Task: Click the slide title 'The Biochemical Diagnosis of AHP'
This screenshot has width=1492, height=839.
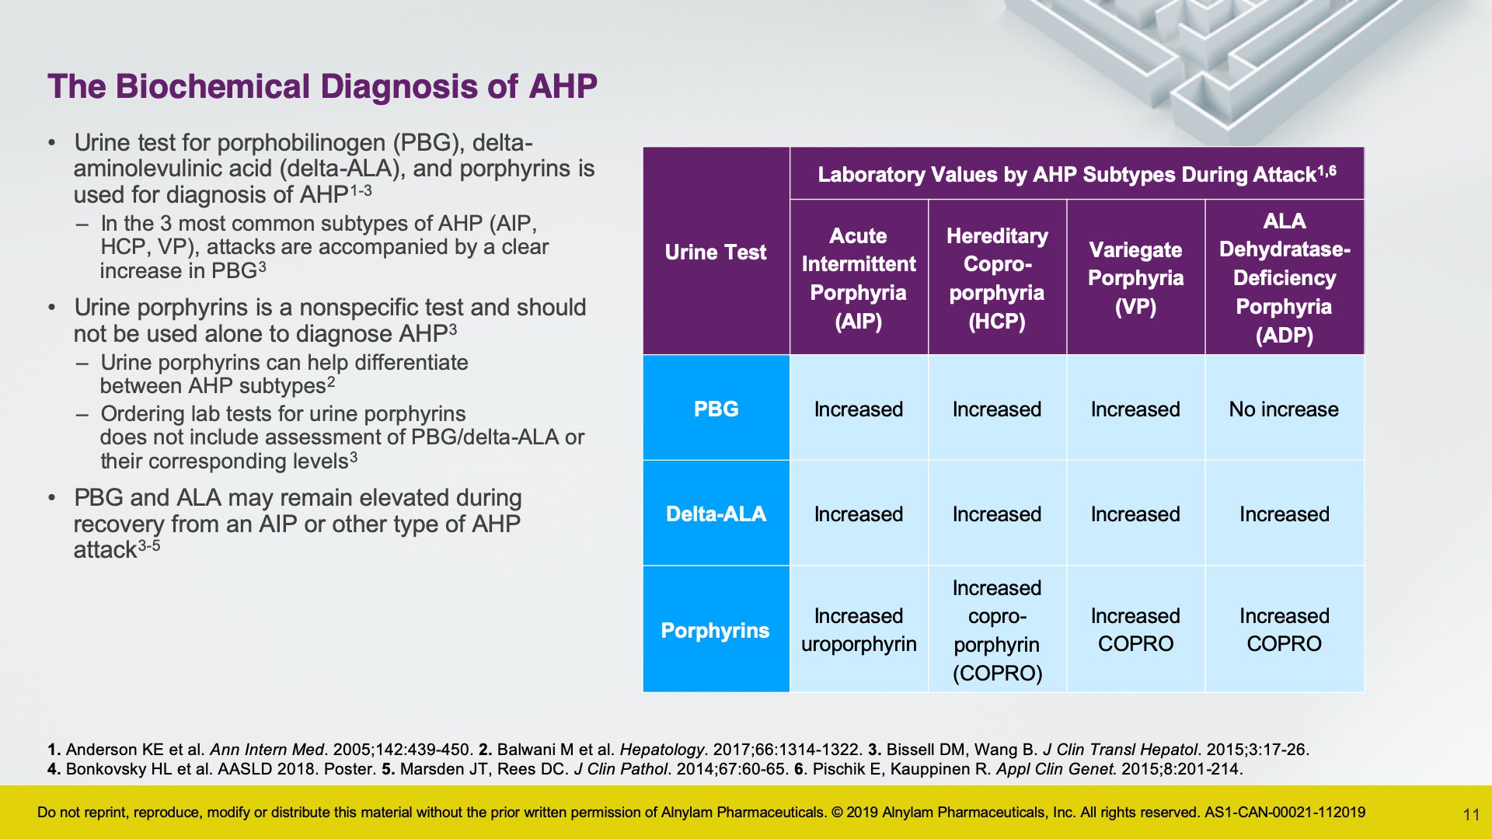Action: [322, 86]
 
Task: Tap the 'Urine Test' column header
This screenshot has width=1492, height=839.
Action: [716, 252]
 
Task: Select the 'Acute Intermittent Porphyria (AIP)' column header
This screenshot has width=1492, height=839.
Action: [859, 278]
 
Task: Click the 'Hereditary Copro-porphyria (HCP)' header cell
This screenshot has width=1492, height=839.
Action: [997, 278]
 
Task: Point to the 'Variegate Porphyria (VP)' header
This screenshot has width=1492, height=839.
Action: [1135, 278]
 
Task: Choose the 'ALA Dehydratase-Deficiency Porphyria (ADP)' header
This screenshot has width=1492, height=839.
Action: [1285, 278]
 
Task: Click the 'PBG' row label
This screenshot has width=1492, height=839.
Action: [716, 409]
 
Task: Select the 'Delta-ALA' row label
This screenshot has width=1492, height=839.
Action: [716, 513]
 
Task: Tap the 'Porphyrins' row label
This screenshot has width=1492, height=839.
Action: [715, 630]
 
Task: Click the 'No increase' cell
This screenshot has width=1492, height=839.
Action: [1284, 409]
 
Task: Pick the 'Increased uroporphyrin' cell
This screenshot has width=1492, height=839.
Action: [859, 630]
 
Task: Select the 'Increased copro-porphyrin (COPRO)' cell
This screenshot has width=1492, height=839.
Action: [997, 630]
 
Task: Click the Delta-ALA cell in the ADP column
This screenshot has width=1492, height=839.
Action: [1285, 513]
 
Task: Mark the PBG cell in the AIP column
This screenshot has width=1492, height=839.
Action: [859, 409]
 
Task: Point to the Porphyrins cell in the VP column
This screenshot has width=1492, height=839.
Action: [1135, 630]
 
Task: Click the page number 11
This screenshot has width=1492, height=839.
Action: [1471, 814]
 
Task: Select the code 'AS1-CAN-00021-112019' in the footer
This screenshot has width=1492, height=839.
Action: [1285, 813]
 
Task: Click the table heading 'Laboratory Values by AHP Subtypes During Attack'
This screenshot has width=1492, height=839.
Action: [1066, 174]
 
